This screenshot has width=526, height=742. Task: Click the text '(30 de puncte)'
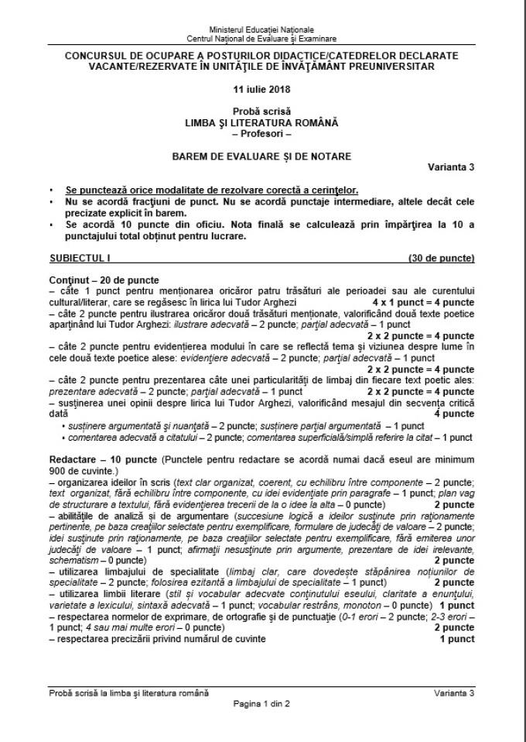pyautogui.click(x=442, y=257)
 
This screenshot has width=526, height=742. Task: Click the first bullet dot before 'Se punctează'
pyautogui.click(x=51, y=191)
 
